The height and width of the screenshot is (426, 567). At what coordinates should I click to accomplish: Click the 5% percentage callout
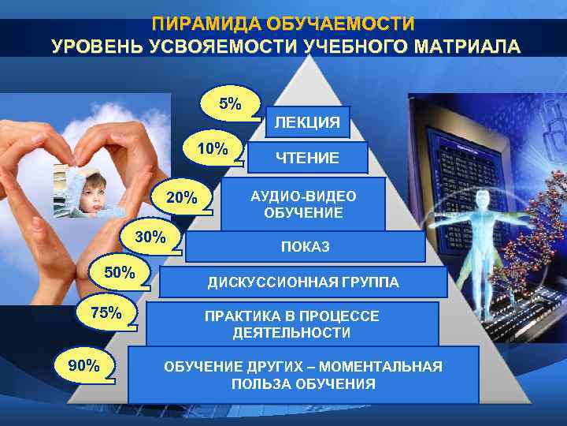point(231,103)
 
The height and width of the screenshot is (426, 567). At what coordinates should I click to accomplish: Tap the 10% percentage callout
point(213,148)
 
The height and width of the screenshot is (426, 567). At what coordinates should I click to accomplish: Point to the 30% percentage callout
point(150,237)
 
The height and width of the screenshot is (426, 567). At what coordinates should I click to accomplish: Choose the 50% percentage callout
point(120,273)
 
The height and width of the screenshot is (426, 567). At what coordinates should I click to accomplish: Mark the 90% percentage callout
point(84,364)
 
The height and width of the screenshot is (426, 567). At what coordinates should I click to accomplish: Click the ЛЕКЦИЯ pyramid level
point(306,122)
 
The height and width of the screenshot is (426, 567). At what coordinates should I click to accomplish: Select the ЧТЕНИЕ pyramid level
point(307,159)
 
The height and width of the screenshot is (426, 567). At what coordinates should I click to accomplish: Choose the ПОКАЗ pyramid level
point(305,247)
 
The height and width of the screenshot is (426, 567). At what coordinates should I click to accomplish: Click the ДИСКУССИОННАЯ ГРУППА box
point(303,282)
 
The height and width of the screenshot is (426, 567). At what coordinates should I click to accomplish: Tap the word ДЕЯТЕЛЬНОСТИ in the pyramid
point(291,332)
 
